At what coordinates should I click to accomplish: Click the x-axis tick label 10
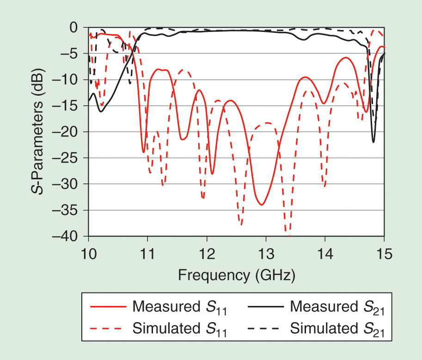pos(88,254)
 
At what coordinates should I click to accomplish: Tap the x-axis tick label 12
pos(207,254)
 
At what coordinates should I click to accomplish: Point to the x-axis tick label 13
pos(266,254)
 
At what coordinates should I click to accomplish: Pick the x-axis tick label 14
pos(325,254)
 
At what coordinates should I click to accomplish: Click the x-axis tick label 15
pos(384,254)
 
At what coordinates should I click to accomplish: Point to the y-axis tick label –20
pos(69,132)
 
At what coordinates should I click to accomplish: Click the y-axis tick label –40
pos(69,236)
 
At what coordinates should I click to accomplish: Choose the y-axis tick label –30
pos(69,184)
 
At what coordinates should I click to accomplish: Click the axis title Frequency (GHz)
pos(236,275)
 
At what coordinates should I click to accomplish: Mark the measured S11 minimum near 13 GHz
pos(262,205)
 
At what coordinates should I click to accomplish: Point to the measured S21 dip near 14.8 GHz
pos(373,142)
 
